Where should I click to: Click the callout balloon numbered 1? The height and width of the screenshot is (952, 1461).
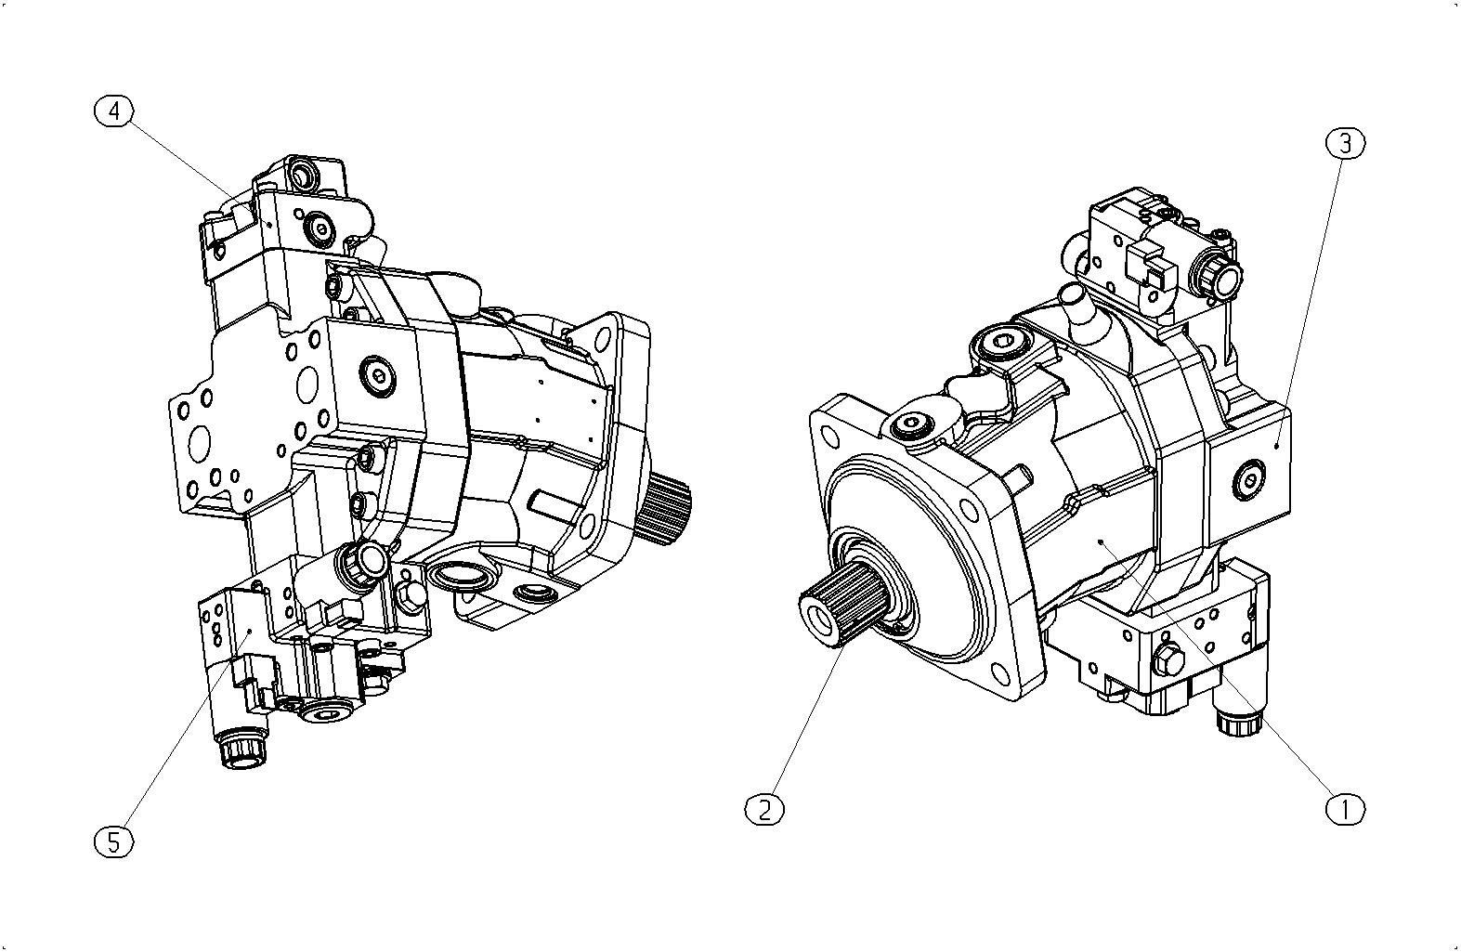(x=1345, y=809)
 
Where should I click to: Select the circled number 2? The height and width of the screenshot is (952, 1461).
(x=764, y=809)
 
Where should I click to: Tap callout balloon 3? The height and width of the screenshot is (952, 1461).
(x=1346, y=144)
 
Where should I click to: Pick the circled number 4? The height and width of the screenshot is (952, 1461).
(x=114, y=112)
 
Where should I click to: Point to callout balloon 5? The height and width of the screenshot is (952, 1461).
(x=114, y=842)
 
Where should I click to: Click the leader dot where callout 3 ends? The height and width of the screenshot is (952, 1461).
(x=1276, y=446)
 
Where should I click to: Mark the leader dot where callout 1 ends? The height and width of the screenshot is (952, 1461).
(x=1101, y=541)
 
